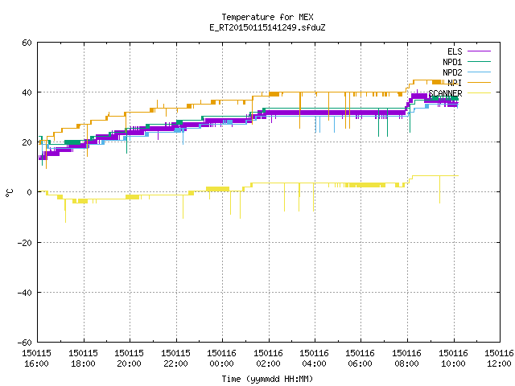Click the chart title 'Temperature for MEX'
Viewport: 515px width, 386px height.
pyautogui.click(x=267, y=17)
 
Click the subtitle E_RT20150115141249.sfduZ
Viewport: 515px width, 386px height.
pyautogui.click(x=267, y=27)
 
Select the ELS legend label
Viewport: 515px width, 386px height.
pyautogui.click(x=455, y=51)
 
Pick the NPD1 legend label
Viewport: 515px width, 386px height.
pyautogui.click(x=452, y=62)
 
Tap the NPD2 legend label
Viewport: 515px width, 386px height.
pyautogui.click(x=452, y=72)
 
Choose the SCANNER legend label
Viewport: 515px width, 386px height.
pyautogui.click(x=445, y=93)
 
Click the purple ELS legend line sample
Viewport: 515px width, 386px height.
pyautogui.click(x=480, y=51)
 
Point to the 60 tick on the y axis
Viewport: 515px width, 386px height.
pyautogui.click(x=27, y=43)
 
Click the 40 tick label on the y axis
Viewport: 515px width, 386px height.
pyautogui.click(x=27, y=92)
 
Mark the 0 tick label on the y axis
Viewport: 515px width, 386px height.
pyautogui.click(x=30, y=192)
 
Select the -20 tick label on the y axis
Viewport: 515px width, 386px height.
pyautogui.click(x=25, y=243)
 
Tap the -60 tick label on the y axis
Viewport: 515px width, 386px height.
pyautogui.click(x=25, y=343)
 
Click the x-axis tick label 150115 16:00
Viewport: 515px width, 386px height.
pyautogui.click(x=36, y=359)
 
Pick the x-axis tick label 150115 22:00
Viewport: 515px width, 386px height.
pyautogui.click(x=175, y=359)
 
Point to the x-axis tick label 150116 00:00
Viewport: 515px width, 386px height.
pyautogui.click(x=222, y=359)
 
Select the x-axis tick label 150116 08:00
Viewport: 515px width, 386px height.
pyautogui.click(x=407, y=359)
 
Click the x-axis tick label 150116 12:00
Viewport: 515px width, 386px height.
pyautogui.click(x=500, y=359)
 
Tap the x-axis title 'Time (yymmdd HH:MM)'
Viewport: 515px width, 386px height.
pyautogui.click(x=267, y=379)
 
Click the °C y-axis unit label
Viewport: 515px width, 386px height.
pyautogui.click(x=9, y=193)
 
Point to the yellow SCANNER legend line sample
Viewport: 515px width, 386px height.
pyautogui.click(x=480, y=93)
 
